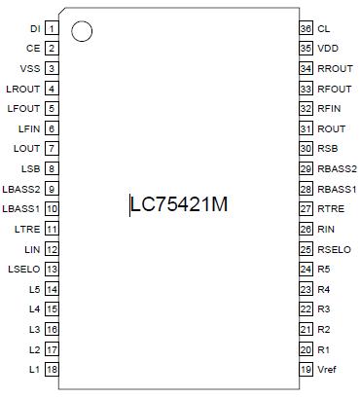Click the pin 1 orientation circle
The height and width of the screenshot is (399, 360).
[83, 32]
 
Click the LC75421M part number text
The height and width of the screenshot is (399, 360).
[181, 205]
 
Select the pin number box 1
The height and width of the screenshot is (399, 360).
[52, 28]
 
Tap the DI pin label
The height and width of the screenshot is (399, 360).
[36, 28]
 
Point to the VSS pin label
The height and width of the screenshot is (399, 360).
[29, 68]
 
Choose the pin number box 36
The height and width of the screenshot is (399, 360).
[306, 28]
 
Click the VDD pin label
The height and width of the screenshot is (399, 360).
[329, 49]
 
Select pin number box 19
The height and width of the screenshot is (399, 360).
[306, 369]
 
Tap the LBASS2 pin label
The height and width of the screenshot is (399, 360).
[21, 189]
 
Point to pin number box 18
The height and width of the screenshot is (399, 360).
[52, 369]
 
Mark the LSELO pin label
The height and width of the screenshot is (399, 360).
[23, 269]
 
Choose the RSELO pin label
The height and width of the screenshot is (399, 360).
[335, 248]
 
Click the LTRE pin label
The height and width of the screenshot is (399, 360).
[28, 229]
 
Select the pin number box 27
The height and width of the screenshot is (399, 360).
[306, 208]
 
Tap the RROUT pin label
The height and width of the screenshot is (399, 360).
[336, 68]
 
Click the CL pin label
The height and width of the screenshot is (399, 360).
[324, 28]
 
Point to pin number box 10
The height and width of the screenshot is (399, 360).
[52, 208]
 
